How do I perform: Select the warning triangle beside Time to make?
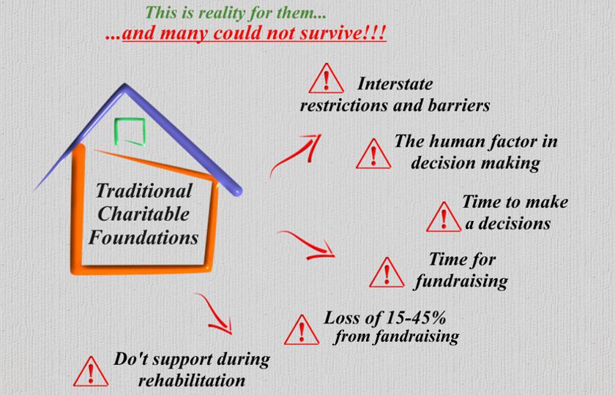click(444, 217)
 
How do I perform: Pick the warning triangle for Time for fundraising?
click(387, 273)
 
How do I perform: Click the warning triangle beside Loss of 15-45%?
click(302, 330)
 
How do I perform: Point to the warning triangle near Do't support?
click(91, 372)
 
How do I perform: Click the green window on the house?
click(130, 132)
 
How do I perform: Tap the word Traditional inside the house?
click(144, 191)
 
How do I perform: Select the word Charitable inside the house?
click(143, 214)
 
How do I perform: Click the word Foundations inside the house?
click(143, 238)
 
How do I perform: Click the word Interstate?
click(395, 84)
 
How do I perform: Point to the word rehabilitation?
click(192, 380)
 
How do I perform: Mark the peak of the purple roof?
click(125, 84)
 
